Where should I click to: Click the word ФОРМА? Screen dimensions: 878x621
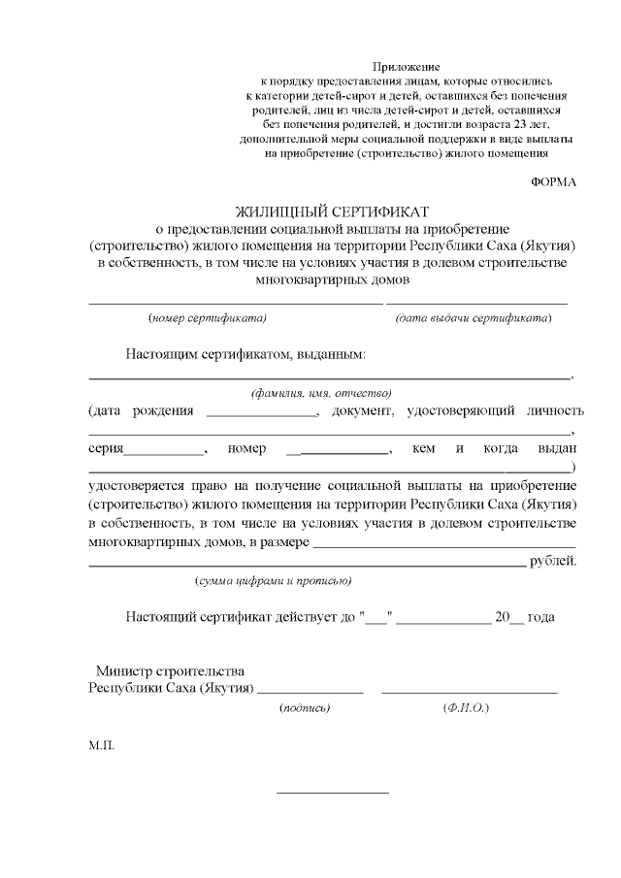pos(554,181)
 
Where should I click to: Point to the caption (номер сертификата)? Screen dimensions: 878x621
pos(208,318)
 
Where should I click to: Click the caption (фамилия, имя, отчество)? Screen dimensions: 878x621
pos(320,393)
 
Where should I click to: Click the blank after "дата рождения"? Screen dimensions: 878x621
pos(263,416)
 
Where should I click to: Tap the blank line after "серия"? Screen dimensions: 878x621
pos(165,453)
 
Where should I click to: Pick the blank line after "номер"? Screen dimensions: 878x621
pos(339,453)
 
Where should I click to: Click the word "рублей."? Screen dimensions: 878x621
pos(554,562)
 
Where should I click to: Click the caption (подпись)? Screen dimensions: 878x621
pos(305,708)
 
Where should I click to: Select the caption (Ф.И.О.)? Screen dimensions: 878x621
pos(465,708)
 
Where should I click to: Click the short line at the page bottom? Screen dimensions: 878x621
pos(333,793)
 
